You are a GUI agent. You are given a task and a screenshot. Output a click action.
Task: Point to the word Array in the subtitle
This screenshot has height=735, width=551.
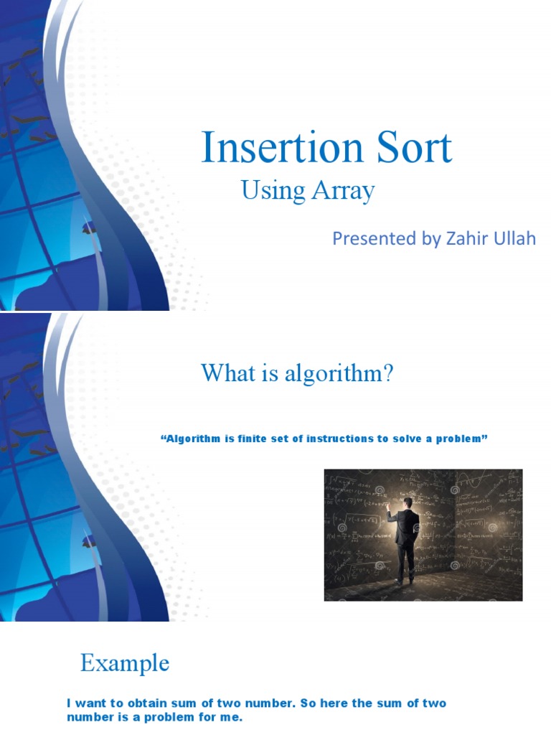point(342,192)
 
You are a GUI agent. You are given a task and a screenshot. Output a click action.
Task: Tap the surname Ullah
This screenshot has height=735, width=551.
point(512,239)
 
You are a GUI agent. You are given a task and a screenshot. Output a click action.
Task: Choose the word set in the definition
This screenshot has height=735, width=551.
point(280,438)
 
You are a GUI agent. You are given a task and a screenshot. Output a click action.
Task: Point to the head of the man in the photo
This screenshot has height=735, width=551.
point(406,505)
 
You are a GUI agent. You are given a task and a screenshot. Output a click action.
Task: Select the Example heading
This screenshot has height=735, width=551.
point(125,663)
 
